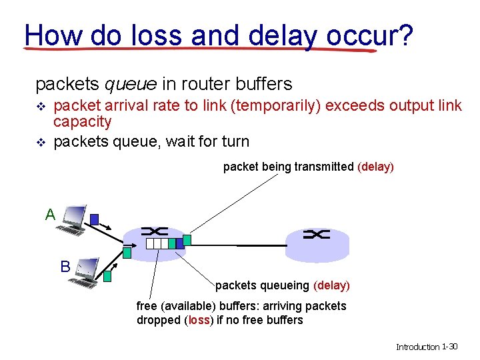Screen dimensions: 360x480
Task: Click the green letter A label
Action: click(x=50, y=215)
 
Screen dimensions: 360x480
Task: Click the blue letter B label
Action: click(x=65, y=267)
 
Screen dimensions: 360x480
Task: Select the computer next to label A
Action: click(x=71, y=221)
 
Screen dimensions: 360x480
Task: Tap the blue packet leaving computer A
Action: click(x=95, y=219)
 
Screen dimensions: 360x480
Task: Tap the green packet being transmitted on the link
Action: click(x=187, y=239)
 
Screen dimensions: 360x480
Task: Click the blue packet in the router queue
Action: click(x=179, y=244)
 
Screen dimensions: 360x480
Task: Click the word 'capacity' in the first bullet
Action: click(x=82, y=122)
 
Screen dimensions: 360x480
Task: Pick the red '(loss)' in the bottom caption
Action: click(x=199, y=320)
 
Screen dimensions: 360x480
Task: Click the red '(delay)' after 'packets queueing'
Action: click(x=331, y=285)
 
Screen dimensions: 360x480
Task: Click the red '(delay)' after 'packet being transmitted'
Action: click(x=376, y=167)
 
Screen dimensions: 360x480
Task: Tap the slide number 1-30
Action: click(x=449, y=347)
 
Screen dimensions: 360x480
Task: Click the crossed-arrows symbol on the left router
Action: click(x=155, y=231)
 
